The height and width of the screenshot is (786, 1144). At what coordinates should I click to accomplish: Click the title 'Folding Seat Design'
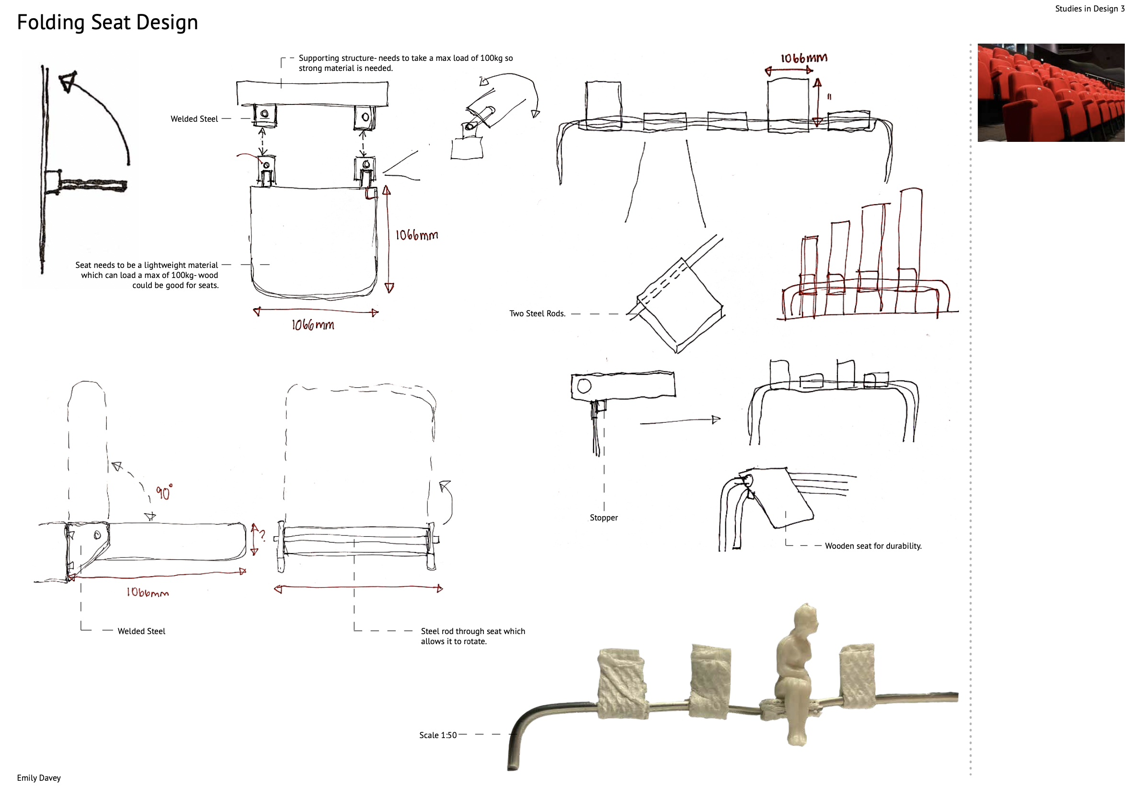pyautogui.click(x=107, y=23)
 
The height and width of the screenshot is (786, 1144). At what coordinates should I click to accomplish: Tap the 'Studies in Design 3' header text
pyautogui.click(x=1090, y=9)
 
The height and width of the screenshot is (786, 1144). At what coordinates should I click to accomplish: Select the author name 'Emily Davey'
pyautogui.click(x=39, y=778)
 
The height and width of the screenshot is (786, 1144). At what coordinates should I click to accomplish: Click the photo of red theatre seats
pyautogui.click(x=1051, y=92)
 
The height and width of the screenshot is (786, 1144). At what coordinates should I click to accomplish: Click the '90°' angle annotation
pyautogui.click(x=164, y=492)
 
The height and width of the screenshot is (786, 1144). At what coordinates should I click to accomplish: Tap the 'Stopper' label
pyautogui.click(x=604, y=518)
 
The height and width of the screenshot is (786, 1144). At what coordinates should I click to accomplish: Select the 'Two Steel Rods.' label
pyautogui.click(x=538, y=314)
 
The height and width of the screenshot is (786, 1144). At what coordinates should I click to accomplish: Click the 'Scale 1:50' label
pyautogui.click(x=437, y=735)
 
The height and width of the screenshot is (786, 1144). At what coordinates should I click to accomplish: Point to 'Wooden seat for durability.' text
pyautogui.click(x=873, y=546)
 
